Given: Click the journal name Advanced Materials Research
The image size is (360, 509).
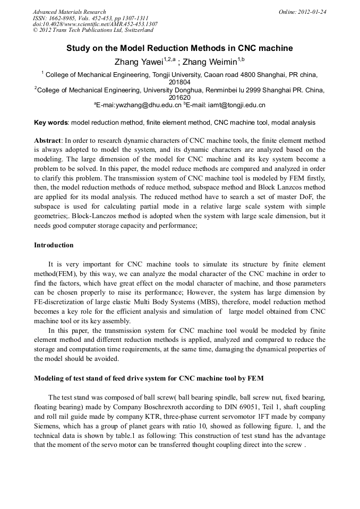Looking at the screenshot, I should tap(69, 12).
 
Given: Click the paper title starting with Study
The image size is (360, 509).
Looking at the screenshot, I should tap(179, 48).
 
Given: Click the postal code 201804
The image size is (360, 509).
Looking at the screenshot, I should tap(179, 82).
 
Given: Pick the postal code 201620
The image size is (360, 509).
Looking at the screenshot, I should tap(179, 98).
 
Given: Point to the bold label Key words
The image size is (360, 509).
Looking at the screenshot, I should tap(51, 123).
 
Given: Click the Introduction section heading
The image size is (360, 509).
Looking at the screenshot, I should tap(54, 245).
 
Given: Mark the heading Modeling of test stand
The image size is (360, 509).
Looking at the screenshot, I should tap(149, 378).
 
